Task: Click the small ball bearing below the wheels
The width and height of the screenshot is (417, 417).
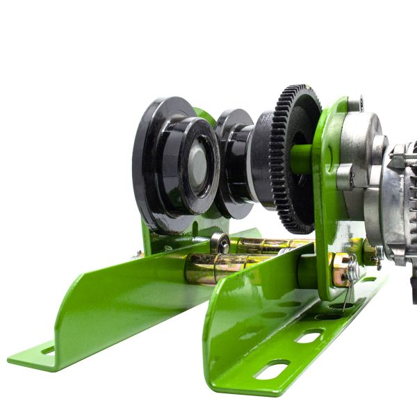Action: point(220,243)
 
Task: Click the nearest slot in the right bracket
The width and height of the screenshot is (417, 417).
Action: point(272,369)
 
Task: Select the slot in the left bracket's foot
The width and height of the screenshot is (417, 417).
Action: point(48,351)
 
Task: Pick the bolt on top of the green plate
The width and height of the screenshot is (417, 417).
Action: point(355,104)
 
